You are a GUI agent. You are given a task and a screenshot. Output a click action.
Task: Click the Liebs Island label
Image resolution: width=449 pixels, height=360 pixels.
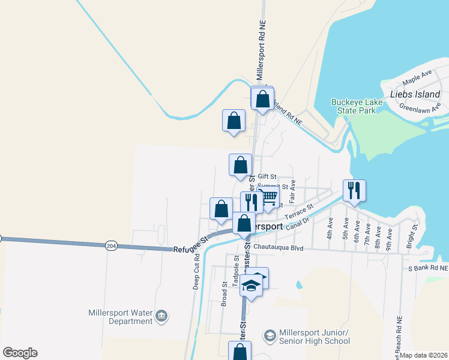point(415,94)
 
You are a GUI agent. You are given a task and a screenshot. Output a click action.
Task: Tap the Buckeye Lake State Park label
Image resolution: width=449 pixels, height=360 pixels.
point(354,106)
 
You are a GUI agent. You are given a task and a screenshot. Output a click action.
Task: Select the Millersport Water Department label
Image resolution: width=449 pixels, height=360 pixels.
point(120,317)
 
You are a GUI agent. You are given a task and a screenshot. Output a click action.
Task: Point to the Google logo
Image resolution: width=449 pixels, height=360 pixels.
point(20,353)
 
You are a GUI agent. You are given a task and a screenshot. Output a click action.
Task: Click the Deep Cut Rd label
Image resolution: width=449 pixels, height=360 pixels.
point(196,272)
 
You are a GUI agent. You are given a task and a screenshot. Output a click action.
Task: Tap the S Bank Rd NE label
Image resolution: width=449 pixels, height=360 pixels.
point(427,268)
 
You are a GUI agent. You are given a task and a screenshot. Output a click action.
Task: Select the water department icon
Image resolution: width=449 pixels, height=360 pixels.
point(161,315)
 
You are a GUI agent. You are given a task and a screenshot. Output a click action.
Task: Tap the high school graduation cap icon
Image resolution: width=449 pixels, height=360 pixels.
point(270,335)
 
